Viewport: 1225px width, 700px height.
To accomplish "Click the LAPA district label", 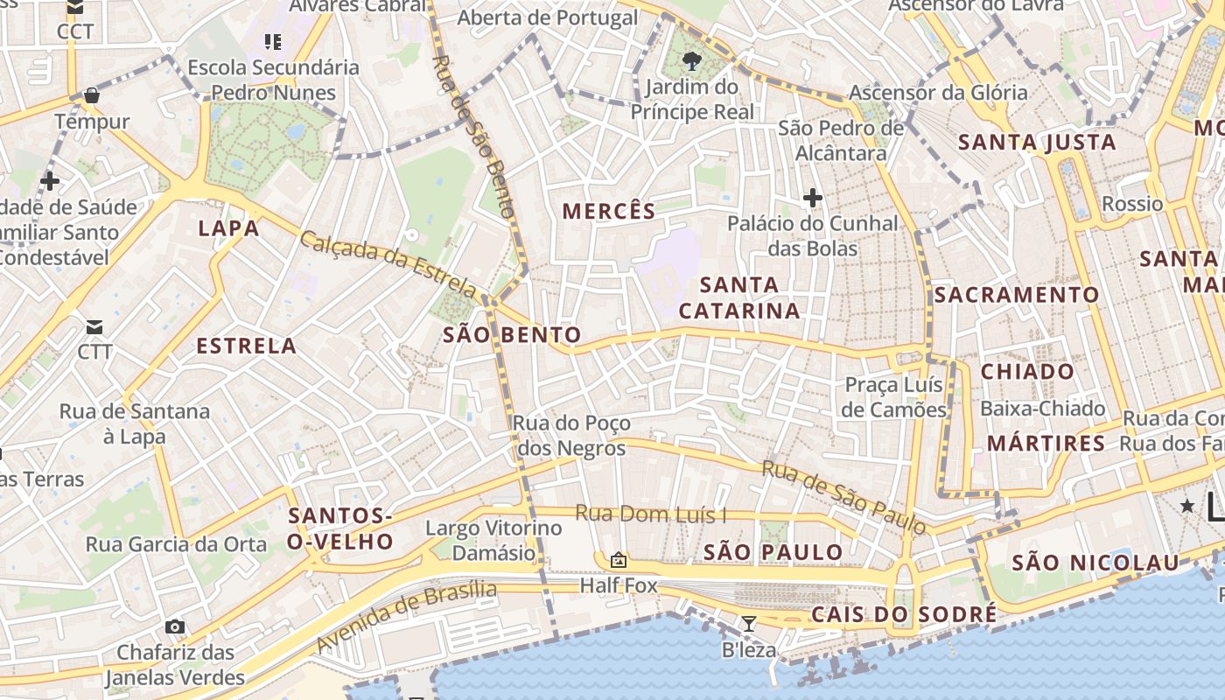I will tap(228, 228).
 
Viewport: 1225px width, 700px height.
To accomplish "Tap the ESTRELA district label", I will tap(246, 346).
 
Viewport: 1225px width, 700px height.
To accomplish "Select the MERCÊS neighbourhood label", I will tap(609, 211).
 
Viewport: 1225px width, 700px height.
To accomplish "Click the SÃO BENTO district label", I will tap(512, 334).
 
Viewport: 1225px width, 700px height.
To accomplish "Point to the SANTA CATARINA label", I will tap(739, 297).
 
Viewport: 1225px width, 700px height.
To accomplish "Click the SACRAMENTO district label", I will tap(1016, 295).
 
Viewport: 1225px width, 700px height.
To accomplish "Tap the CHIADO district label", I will tap(1027, 371).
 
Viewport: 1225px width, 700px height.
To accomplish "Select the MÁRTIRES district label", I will tap(1046, 444).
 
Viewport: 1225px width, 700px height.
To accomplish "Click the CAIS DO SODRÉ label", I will tap(904, 614).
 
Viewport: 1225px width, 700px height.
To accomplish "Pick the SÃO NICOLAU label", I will tap(1095, 563).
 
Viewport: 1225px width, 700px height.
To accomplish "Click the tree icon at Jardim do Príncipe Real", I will tap(692, 60).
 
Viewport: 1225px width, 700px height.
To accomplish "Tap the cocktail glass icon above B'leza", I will tap(749, 624).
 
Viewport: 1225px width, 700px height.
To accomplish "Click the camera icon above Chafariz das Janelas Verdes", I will tap(175, 626).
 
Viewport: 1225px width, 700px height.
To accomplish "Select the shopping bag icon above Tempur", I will tap(92, 94).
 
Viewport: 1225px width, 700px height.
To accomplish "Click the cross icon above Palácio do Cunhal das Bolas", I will tap(813, 199).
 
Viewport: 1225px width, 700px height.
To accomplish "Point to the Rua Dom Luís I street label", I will tap(651, 514).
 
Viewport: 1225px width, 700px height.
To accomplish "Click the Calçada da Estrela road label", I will tap(388, 263).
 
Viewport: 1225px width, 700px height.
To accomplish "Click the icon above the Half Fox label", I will tap(619, 560).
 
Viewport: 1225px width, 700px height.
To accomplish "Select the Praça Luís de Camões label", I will tap(893, 397).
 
